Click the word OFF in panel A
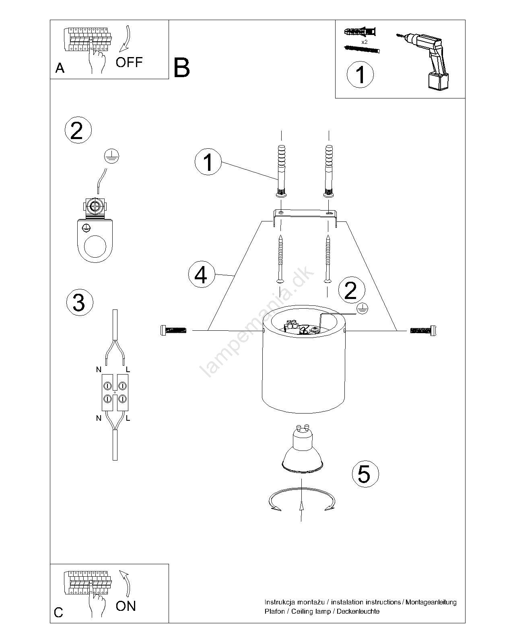point(129,62)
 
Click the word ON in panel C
point(126,606)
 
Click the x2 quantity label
point(364,42)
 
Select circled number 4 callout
point(201,274)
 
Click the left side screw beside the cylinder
point(173,330)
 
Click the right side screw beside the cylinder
point(423,330)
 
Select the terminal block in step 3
point(115,392)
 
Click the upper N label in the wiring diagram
point(99,369)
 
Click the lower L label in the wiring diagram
point(128,418)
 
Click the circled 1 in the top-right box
point(360,74)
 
